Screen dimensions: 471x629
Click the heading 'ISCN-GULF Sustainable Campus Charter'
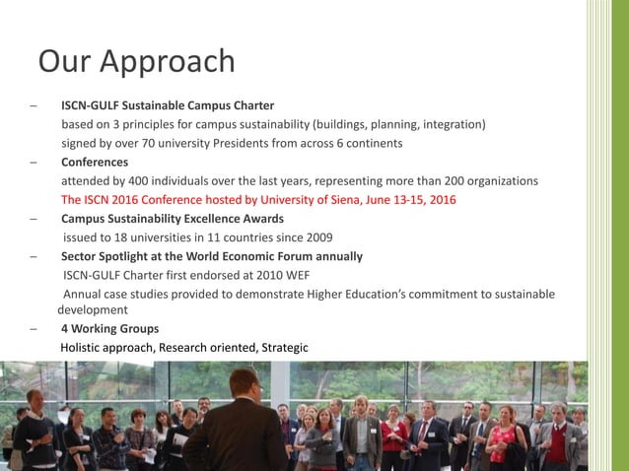click(x=168, y=105)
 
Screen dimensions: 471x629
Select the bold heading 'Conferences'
click(x=95, y=162)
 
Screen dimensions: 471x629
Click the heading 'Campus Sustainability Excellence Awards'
click(x=173, y=219)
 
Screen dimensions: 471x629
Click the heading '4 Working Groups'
click(x=109, y=329)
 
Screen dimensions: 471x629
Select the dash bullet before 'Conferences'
click(x=34, y=162)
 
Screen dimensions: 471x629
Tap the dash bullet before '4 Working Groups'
click(x=34, y=329)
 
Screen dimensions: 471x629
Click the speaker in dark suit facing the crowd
click(x=237, y=424)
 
